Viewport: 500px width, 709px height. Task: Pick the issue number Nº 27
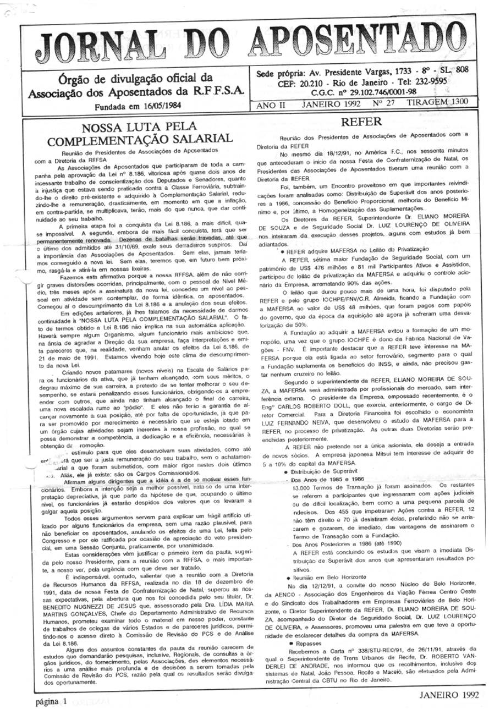(383, 103)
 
